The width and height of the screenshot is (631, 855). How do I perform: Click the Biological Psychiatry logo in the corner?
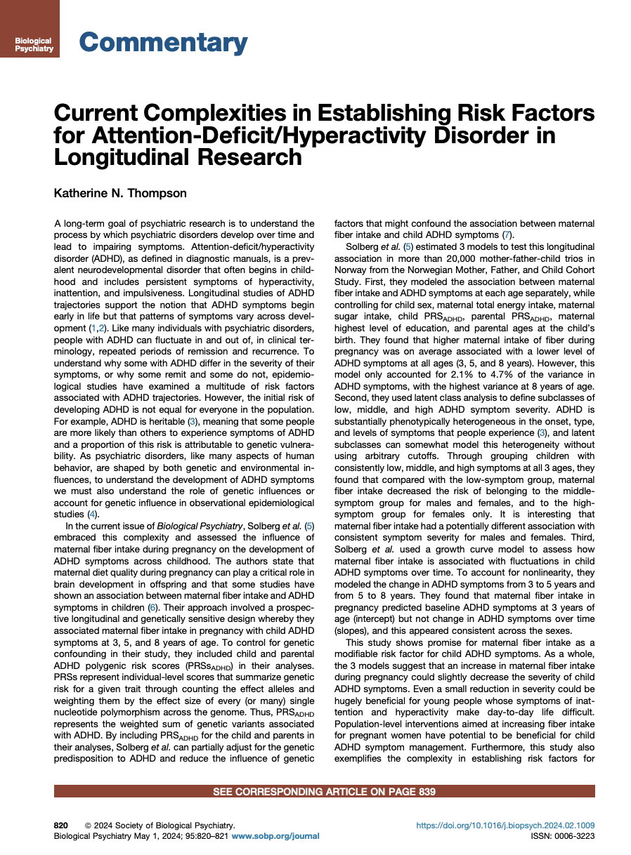pyautogui.click(x=30, y=29)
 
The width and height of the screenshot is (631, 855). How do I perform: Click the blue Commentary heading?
pyautogui.click(x=163, y=44)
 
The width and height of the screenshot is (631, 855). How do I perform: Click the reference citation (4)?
pyautogui.click(x=92, y=514)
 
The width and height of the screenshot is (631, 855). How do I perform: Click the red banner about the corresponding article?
pyautogui.click(x=324, y=792)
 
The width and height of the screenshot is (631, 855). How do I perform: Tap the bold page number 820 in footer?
pyautogui.click(x=62, y=826)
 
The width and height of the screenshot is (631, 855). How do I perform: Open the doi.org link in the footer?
pyautogui.click(x=505, y=826)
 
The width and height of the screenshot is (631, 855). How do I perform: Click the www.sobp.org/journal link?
pyautogui.click(x=275, y=836)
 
